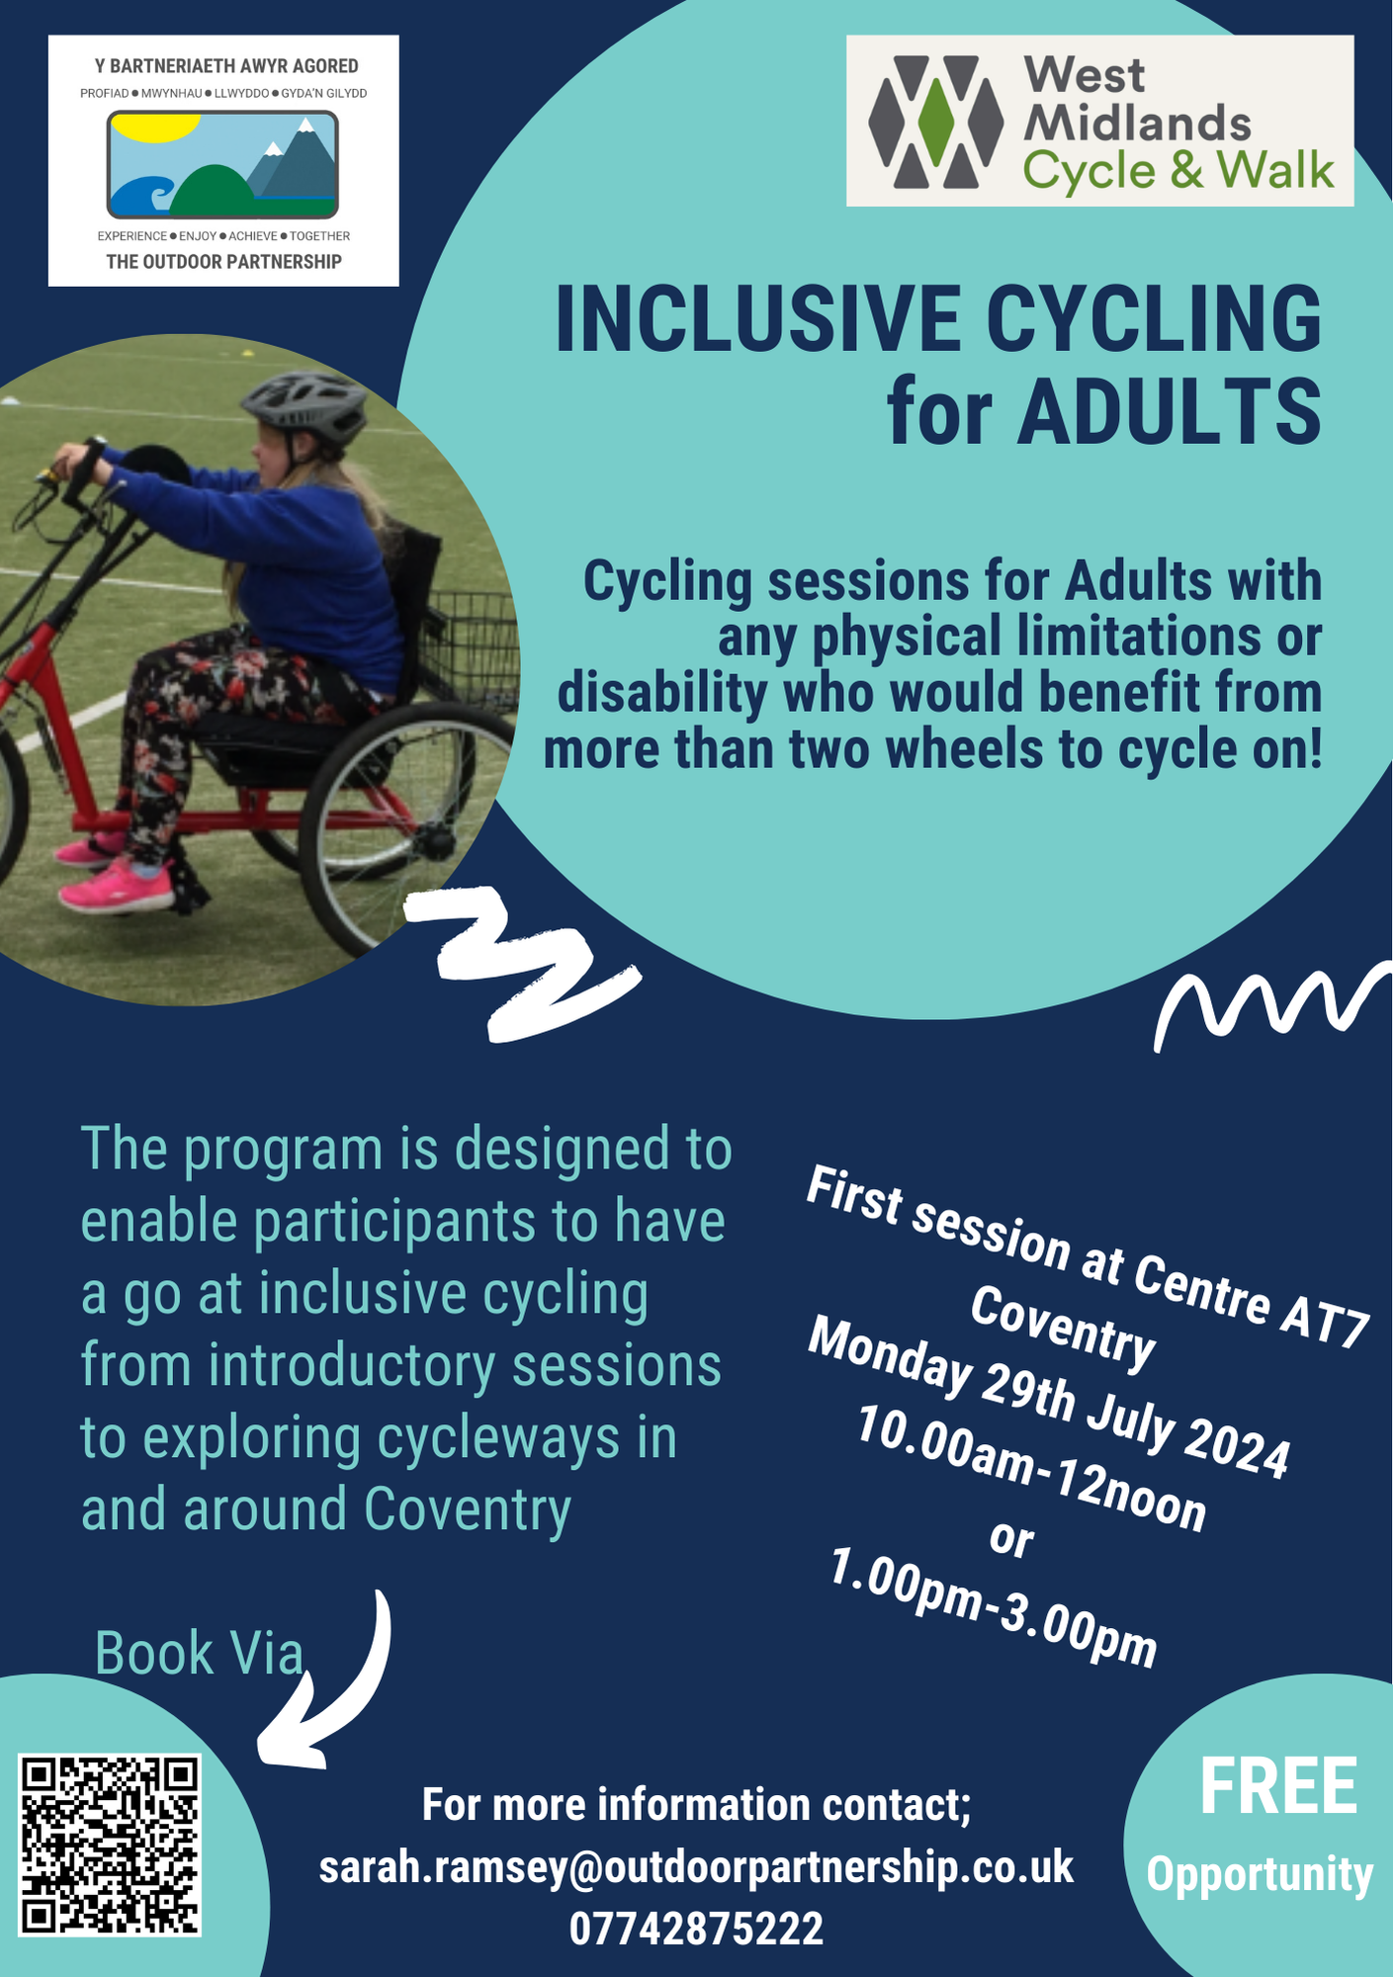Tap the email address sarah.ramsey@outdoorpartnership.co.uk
pyautogui.click(x=696, y=1867)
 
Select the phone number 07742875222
pyautogui.click(x=696, y=1929)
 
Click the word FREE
pyautogui.click(x=1278, y=1787)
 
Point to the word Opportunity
pyautogui.click(x=1260, y=1874)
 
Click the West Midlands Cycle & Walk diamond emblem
pyautogui.click(x=935, y=121)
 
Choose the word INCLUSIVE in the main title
pyautogui.click(x=757, y=319)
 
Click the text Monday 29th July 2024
pyautogui.click(x=1048, y=1397)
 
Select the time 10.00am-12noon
pyautogui.click(x=1030, y=1469)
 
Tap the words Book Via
pyautogui.click(x=199, y=1653)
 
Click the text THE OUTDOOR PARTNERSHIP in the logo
pyautogui.click(x=223, y=262)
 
